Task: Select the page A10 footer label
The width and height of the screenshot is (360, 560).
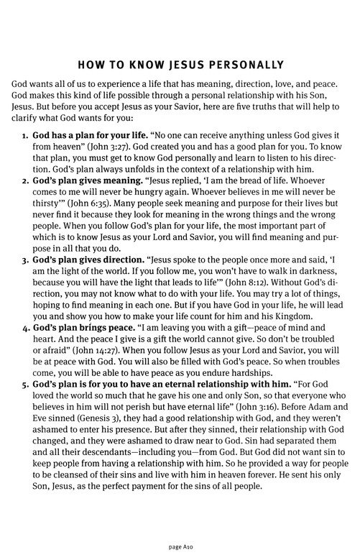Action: (180, 546)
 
